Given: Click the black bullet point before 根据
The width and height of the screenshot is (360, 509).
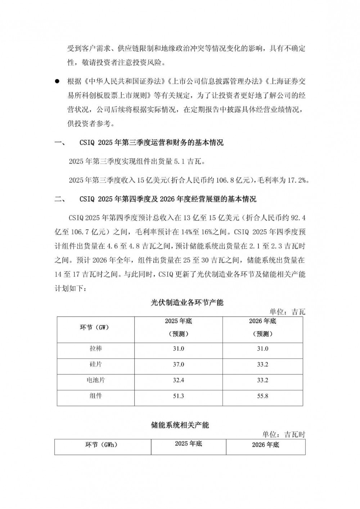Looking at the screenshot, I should [x=57, y=82].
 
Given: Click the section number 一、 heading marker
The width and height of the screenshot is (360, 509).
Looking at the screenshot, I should [x=59, y=143].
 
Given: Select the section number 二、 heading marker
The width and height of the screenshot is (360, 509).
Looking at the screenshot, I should [x=59, y=199].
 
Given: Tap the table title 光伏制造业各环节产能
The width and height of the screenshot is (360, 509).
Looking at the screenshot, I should [x=187, y=302].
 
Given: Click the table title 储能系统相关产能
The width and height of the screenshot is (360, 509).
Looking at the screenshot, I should [x=180, y=425].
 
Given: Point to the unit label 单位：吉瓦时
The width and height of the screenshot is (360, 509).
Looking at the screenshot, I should [x=284, y=434].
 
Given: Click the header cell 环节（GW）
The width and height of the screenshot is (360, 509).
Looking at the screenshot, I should [x=94, y=328].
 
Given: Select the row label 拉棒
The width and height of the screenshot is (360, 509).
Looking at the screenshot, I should [x=96, y=349].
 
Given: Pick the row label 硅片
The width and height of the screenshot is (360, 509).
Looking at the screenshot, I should [x=96, y=364].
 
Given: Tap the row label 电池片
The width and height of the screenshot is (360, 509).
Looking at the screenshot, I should [x=96, y=380].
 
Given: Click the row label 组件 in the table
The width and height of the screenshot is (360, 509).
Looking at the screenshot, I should [x=96, y=396].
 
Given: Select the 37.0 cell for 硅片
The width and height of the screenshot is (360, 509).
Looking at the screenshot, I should [x=178, y=364].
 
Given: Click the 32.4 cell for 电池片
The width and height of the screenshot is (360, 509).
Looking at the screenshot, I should [x=178, y=380].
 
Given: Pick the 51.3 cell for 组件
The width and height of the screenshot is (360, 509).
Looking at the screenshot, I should [x=178, y=396].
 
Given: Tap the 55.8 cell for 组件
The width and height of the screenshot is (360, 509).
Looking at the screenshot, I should [x=262, y=396].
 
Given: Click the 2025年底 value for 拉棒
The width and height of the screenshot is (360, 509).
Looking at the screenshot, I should [x=178, y=349].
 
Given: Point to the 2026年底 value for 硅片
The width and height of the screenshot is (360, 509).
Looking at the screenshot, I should [x=262, y=364].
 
